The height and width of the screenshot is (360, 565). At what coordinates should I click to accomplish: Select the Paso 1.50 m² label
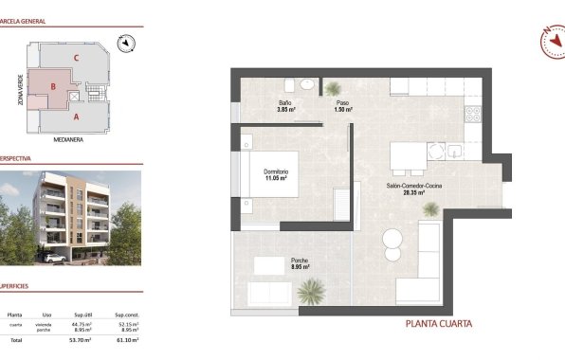pyautogui.click(x=342, y=106)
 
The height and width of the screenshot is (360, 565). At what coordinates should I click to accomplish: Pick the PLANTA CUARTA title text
pyautogui.click(x=439, y=324)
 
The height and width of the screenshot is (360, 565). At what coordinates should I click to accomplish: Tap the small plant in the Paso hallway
pyautogui.click(x=333, y=88)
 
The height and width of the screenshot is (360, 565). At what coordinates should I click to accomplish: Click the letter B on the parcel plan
pyautogui.click(x=53, y=88)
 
